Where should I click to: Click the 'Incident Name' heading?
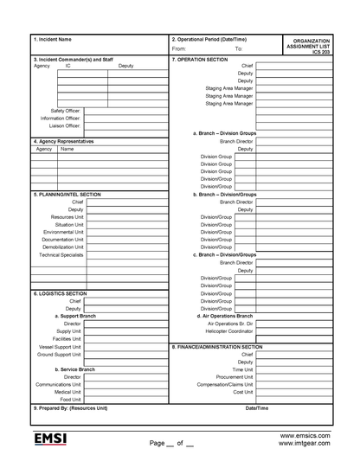click(52, 40)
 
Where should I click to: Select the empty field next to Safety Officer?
click(125, 111)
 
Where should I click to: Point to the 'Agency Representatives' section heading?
click(63, 141)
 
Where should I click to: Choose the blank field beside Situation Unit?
click(126, 224)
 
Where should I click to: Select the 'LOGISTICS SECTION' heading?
click(60, 294)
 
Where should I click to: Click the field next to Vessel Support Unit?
click(125, 346)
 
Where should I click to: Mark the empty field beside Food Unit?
click(125, 400)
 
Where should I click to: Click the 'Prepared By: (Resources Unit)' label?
click(71, 407)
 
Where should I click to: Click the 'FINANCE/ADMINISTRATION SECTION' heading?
click(228, 346)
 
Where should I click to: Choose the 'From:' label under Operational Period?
click(178, 48)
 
